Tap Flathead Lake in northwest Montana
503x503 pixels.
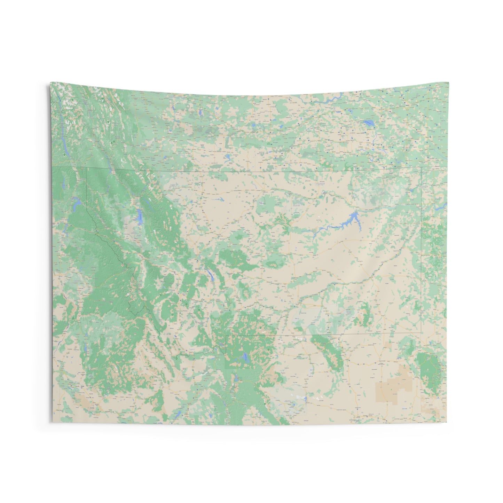140,217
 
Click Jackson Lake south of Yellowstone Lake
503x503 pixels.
236,378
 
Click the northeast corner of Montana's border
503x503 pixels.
421,167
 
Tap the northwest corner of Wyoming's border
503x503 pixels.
226,336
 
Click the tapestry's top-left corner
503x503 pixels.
50,82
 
